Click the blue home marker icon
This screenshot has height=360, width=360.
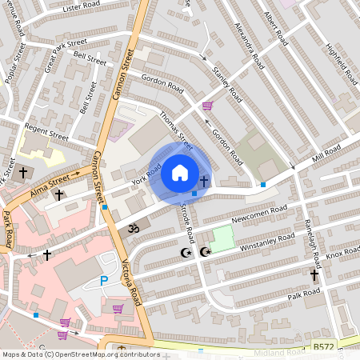pos(180,173)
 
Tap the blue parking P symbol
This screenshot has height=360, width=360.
pos(103,281)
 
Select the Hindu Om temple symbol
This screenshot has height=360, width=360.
pos(134,228)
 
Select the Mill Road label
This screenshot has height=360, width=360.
pos(326,153)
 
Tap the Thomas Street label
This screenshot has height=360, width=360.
pos(177,129)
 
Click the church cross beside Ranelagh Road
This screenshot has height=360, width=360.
pos(314,275)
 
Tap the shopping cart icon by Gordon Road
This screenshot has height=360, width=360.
pos(207,106)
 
